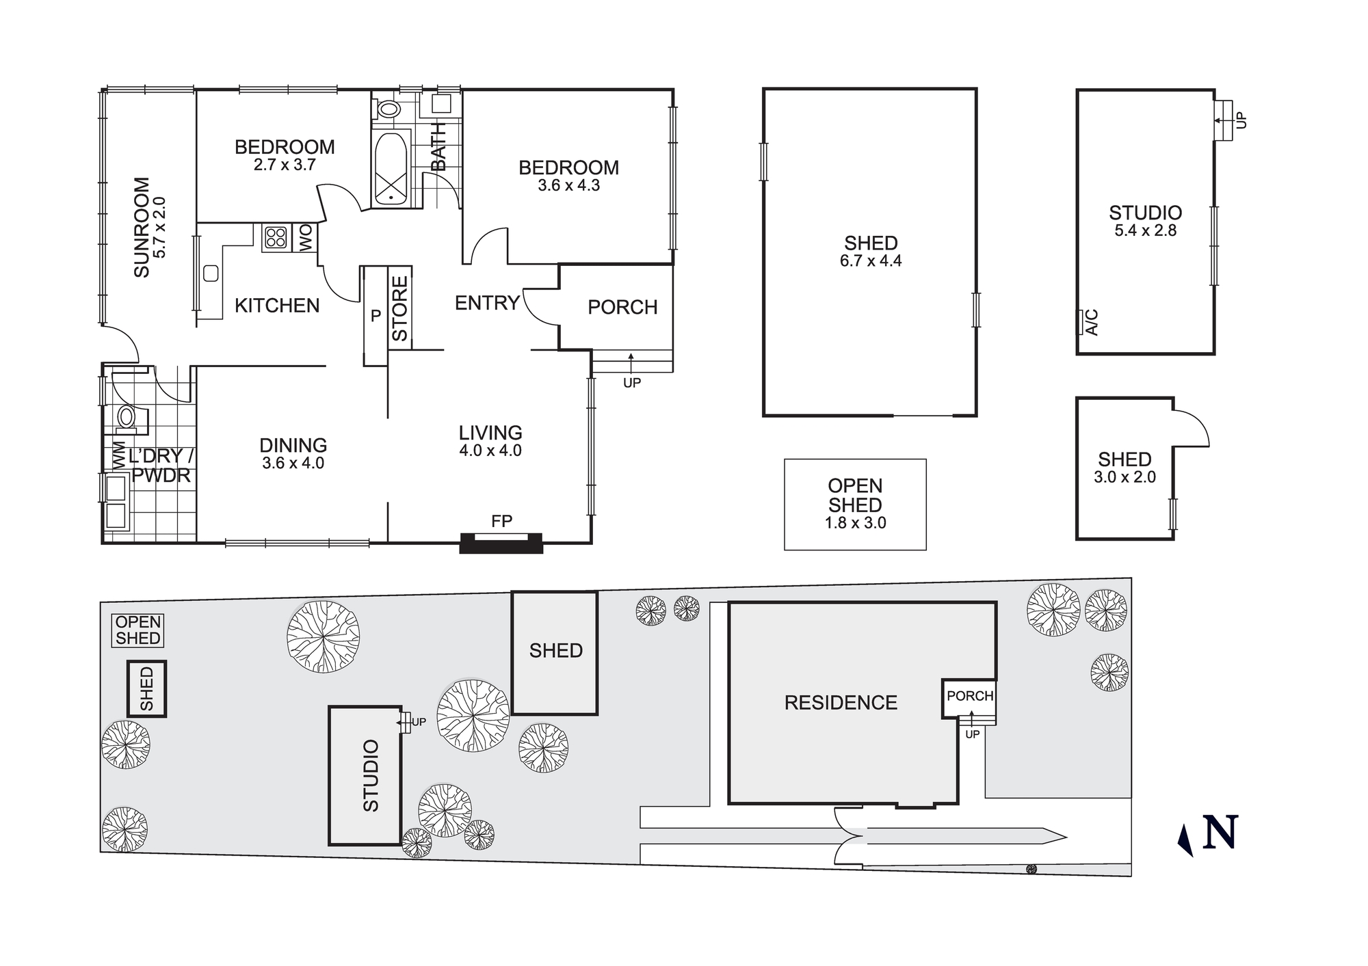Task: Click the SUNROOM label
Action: [x=142, y=228]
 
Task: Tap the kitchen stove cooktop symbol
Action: [x=276, y=238]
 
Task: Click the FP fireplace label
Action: [x=501, y=522]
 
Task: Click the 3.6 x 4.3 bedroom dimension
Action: [x=568, y=185]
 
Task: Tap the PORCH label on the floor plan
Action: [x=622, y=307]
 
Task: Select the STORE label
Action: [x=400, y=308]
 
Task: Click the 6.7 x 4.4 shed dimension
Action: [x=870, y=260]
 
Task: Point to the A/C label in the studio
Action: [x=1092, y=322]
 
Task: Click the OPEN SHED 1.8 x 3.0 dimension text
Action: [x=855, y=523]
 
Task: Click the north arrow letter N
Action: [x=1220, y=833]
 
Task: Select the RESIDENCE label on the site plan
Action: [x=841, y=703]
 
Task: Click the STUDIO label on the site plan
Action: [x=370, y=775]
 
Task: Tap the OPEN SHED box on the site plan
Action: [x=138, y=630]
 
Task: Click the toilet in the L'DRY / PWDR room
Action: [x=126, y=416]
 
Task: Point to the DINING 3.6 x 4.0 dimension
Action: [x=293, y=463]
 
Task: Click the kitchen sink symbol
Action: [x=211, y=273]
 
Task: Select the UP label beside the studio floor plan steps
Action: [x=1242, y=120]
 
